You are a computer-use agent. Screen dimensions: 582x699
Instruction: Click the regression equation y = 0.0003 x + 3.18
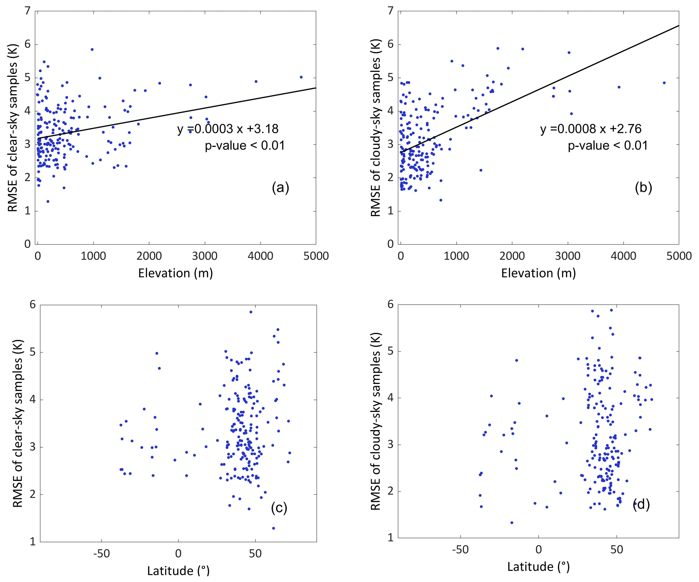click(x=228, y=129)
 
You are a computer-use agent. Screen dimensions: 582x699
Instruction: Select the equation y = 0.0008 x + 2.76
click(x=590, y=129)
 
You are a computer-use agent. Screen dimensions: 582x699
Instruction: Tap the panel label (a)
click(x=280, y=188)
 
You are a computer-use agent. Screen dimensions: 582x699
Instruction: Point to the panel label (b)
click(x=643, y=188)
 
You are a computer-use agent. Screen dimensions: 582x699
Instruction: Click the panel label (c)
click(x=279, y=508)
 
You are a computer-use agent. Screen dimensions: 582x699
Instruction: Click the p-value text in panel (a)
click(x=245, y=146)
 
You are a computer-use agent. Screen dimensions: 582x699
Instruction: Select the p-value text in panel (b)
click(x=608, y=146)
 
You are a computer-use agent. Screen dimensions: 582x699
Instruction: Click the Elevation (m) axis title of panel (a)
click(x=176, y=273)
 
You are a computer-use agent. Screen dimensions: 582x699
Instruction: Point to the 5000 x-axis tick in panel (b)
click(x=678, y=256)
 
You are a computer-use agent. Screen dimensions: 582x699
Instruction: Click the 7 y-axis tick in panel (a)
click(x=27, y=11)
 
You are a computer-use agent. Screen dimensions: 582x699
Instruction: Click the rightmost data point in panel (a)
click(x=301, y=77)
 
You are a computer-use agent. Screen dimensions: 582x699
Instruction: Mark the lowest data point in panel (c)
click(x=273, y=528)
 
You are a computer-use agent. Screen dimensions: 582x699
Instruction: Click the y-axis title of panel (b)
click(x=375, y=128)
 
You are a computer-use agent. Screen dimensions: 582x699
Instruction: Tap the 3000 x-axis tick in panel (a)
click(x=205, y=256)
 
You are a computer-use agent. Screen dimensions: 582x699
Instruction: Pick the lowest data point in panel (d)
click(x=512, y=523)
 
